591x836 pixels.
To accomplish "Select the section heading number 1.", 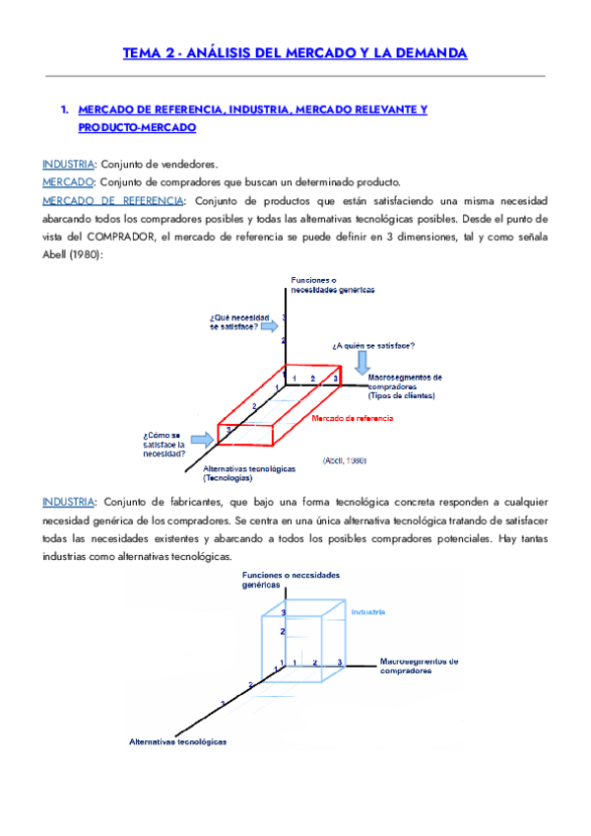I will tap(64, 109).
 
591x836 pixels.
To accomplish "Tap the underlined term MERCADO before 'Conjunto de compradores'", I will tap(68, 182).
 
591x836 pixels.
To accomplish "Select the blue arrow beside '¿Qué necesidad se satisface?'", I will tap(273, 325).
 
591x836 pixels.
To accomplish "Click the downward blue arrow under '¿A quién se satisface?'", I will tap(362, 361).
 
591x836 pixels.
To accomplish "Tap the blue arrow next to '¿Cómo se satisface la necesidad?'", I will tap(202, 438).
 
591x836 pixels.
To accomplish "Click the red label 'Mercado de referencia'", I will tap(352, 419).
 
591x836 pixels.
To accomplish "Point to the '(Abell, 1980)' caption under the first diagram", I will tap(345, 459).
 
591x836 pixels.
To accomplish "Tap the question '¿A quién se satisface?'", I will tap(372, 345).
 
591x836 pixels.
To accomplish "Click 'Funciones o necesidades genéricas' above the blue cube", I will tap(291, 579).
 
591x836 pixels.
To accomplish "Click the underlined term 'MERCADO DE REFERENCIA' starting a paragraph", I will tap(112, 201).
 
